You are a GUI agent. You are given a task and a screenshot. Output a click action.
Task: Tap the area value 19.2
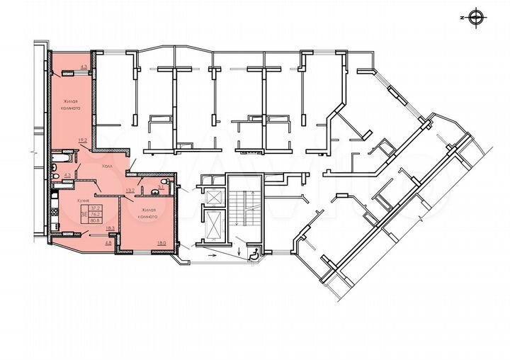(x=82, y=140)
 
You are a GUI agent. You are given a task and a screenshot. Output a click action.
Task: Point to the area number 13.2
(x=130, y=190)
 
